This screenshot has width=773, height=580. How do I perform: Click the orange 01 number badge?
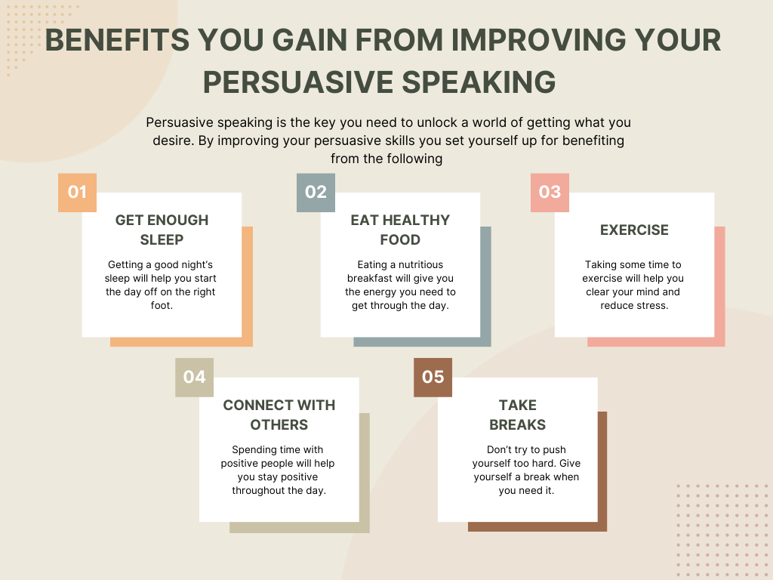(x=78, y=193)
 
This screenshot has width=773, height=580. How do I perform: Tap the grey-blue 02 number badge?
(x=316, y=193)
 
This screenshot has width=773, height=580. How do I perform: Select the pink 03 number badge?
(x=550, y=193)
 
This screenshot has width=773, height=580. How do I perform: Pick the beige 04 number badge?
(x=194, y=378)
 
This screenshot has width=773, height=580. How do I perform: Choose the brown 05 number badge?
(x=433, y=378)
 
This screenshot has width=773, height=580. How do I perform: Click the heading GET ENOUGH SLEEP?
(x=162, y=230)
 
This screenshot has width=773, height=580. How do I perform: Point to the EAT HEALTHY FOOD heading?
(x=400, y=230)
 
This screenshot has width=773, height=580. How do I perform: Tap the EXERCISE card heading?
(x=634, y=230)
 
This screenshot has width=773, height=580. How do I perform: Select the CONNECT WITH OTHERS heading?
(x=279, y=415)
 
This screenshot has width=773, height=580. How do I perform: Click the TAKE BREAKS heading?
(x=518, y=415)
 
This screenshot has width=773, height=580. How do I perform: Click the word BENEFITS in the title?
(x=117, y=40)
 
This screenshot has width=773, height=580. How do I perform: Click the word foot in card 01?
(x=161, y=305)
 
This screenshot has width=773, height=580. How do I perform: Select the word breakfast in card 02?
(x=370, y=278)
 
